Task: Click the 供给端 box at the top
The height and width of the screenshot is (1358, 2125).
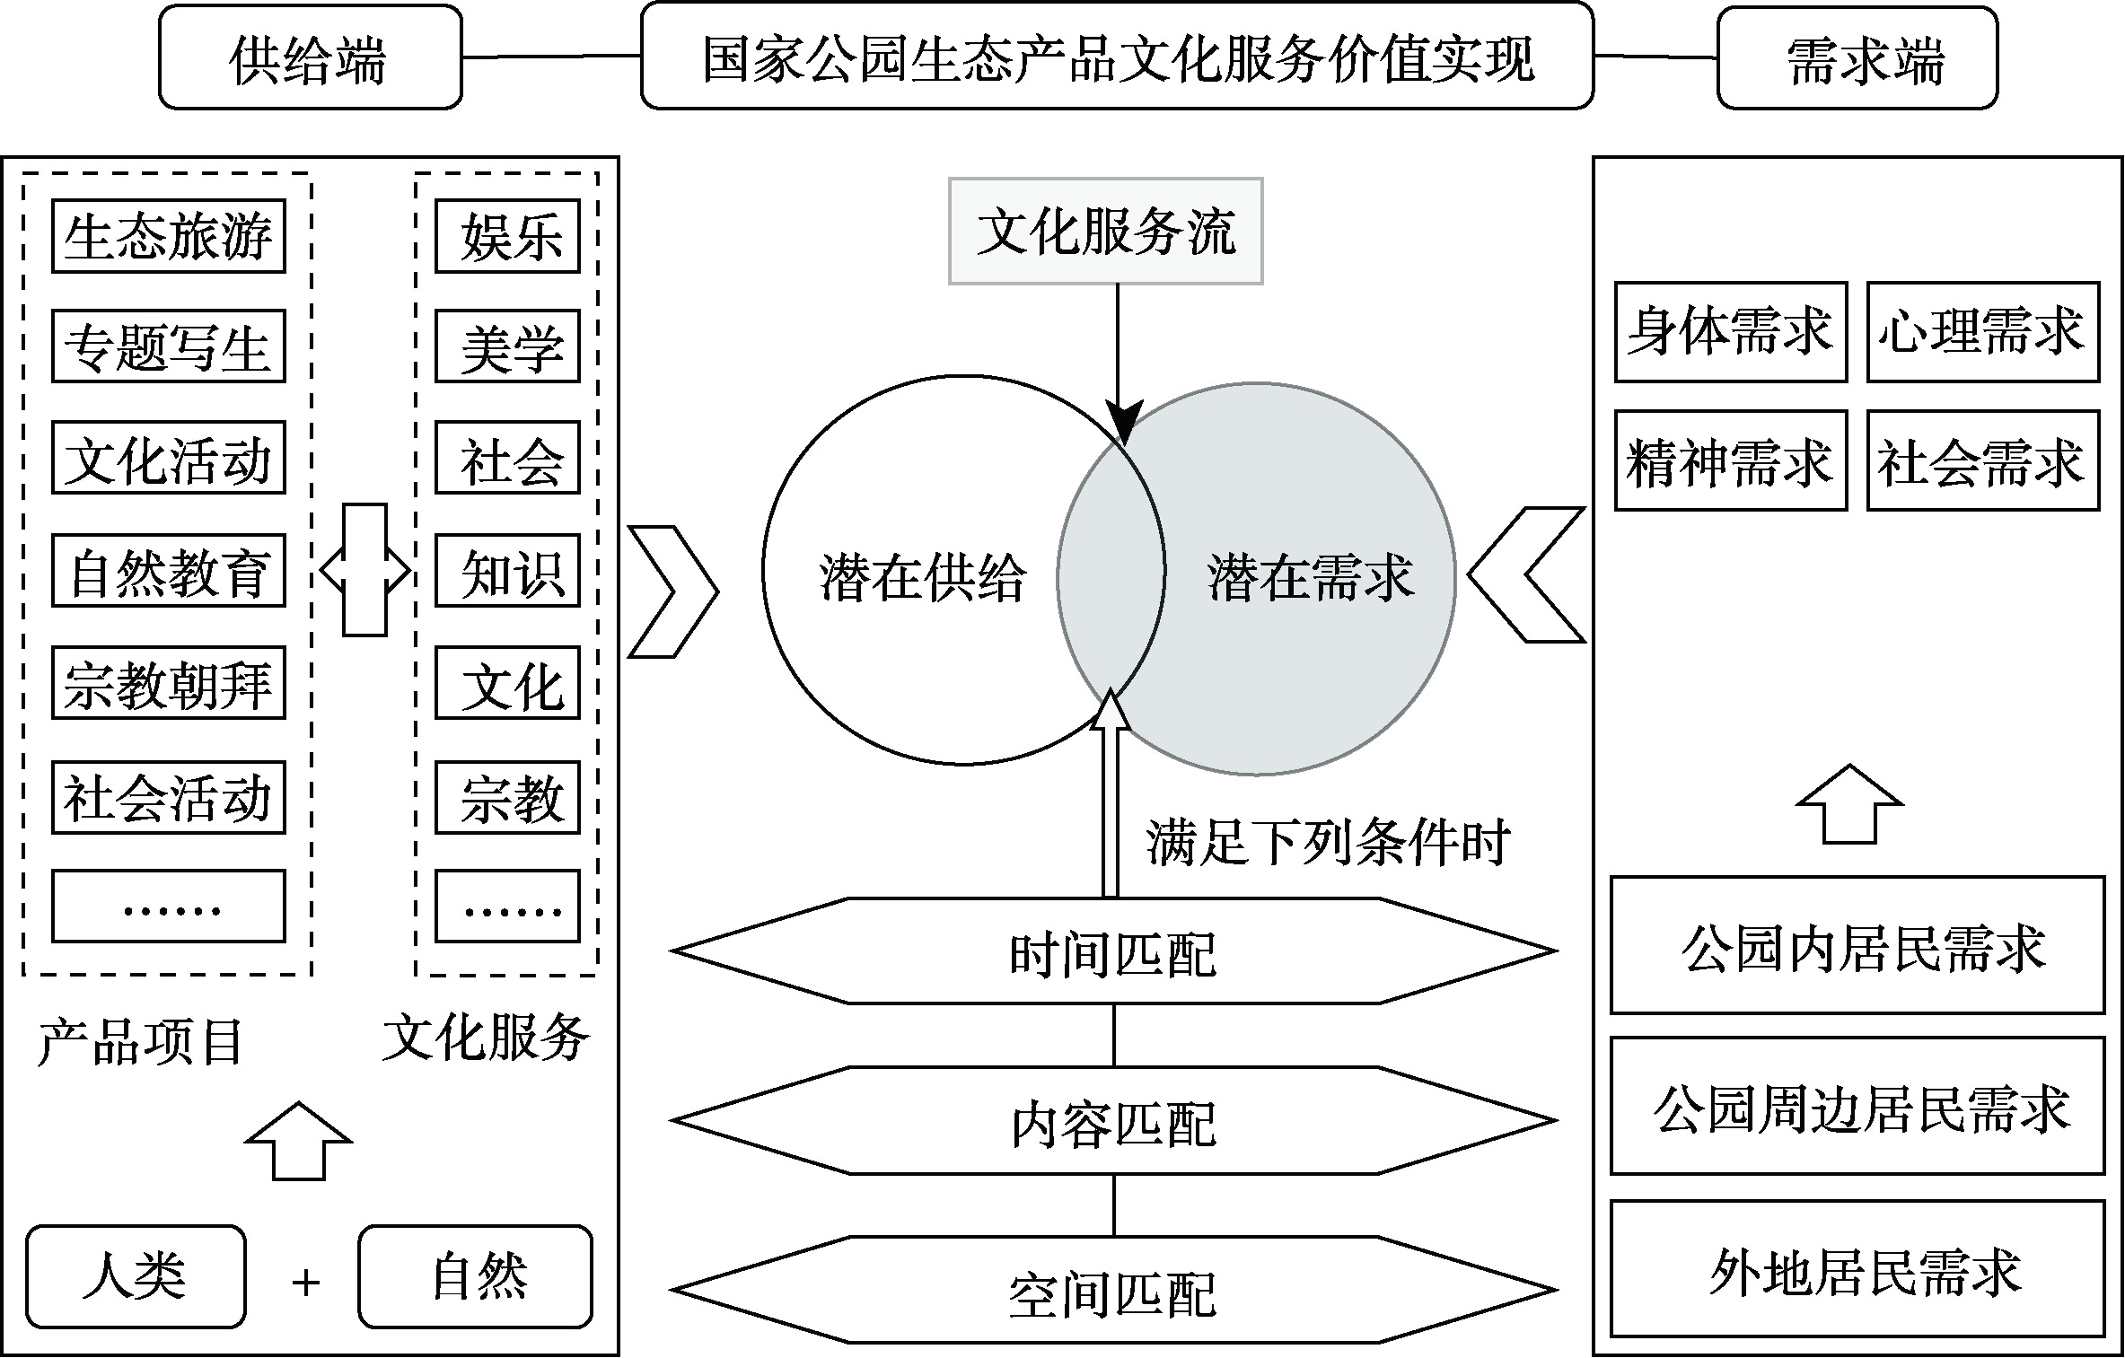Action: [310, 58]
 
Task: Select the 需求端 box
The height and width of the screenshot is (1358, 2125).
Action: [1857, 58]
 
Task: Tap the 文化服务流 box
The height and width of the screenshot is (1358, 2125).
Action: [1105, 232]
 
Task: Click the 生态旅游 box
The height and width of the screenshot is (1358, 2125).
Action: [168, 236]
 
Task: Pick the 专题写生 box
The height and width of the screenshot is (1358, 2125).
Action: [168, 346]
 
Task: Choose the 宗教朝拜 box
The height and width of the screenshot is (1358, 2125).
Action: [168, 683]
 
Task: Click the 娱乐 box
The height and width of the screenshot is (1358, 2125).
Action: [507, 236]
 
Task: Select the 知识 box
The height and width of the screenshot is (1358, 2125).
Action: [507, 571]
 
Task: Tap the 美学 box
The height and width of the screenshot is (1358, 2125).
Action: [507, 346]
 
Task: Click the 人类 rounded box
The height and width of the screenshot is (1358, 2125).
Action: [136, 1276]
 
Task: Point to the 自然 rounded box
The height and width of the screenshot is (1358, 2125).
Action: [475, 1276]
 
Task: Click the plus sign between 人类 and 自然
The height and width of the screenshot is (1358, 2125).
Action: [305, 1283]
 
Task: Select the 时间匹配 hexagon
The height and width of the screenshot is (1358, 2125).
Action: [1113, 951]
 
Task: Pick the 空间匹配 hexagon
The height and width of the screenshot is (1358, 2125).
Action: [1113, 1291]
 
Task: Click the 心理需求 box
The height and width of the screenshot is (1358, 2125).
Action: [1982, 332]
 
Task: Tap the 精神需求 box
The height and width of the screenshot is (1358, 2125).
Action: [1730, 461]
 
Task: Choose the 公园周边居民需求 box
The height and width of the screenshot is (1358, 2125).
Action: [1857, 1106]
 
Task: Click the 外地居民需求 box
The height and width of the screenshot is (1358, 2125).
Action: [1857, 1268]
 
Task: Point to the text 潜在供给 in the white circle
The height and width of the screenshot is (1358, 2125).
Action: [922, 576]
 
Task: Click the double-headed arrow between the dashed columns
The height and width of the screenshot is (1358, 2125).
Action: [364, 570]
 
